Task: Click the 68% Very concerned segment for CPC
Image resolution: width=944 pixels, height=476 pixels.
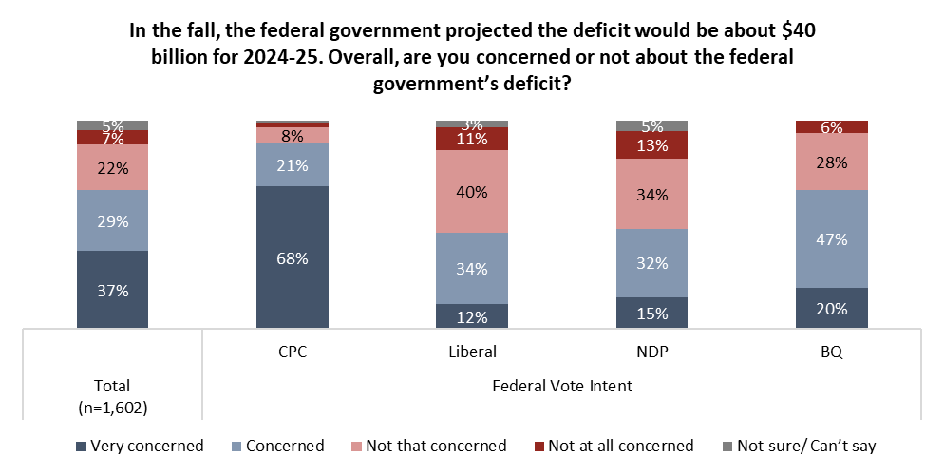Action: pyautogui.click(x=292, y=257)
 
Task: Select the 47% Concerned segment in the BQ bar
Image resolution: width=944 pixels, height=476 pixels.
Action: pyautogui.click(x=831, y=238)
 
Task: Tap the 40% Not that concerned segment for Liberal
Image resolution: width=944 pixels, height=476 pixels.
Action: pyautogui.click(x=471, y=192)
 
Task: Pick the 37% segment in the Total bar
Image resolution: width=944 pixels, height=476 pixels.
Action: pyautogui.click(x=112, y=290)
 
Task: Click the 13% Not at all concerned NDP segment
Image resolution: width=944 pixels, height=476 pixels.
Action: pyautogui.click(x=651, y=144)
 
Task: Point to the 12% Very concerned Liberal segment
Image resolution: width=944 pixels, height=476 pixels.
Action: pyautogui.click(x=471, y=315)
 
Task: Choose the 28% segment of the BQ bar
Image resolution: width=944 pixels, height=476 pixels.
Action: pyautogui.click(x=831, y=162)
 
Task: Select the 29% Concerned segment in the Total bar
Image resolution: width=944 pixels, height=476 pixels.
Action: pyautogui.click(x=112, y=220)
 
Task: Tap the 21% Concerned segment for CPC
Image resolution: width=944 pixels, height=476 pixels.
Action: pyautogui.click(x=292, y=165)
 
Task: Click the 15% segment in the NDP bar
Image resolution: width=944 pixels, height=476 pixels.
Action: pyautogui.click(x=651, y=313)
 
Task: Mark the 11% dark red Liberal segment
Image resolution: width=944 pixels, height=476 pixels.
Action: pyautogui.click(x=471, y=139)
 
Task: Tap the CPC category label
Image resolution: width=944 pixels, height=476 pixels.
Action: pyautogui.click(x=292, y=351)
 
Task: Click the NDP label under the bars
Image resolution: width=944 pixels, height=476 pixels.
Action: pyautogui.click(x=651, y=351)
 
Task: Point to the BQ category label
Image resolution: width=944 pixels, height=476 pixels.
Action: pyautogui.click(x=831, y=351)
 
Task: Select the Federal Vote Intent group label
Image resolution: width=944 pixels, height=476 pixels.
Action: pyautogui.click(x=562, y=386)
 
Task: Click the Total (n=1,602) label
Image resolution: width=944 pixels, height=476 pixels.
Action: pyautogui.click(x=112, y=395)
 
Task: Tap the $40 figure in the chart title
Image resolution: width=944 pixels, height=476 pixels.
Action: pyautogui.click(x=796, y=30)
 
